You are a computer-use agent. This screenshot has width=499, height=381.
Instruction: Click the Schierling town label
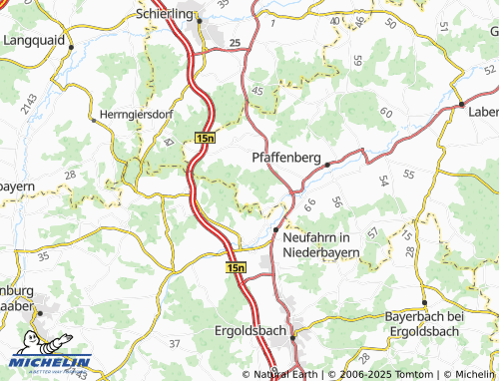[167, 15]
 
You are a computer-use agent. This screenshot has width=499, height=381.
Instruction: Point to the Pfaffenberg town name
[287, 157]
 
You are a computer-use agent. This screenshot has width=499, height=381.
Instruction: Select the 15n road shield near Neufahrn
[236, 268]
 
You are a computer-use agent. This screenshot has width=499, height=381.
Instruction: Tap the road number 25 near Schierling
[235, 43]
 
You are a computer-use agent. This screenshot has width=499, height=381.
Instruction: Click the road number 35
[43, 256]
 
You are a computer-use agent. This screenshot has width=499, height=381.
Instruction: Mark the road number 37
[175, 343]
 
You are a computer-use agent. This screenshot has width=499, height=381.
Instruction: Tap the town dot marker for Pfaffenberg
[326, 165]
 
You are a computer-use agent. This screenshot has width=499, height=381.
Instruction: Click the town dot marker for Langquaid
[71, 47]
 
